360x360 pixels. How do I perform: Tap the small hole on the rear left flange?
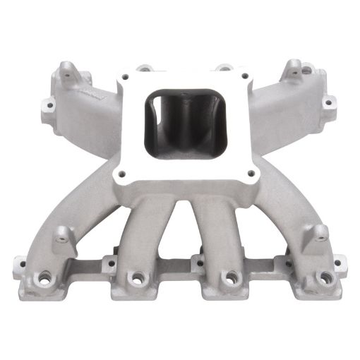coord(50,107)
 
